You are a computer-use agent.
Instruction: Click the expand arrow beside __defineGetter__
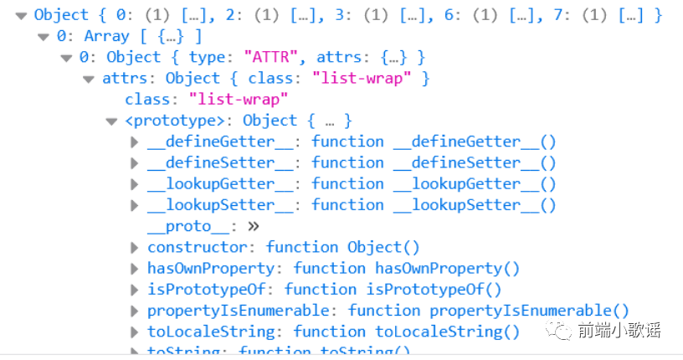[x=134, y=142]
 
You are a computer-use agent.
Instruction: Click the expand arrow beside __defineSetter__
[x=134, y=163]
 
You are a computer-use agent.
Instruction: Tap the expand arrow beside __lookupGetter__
[x=134, y=184]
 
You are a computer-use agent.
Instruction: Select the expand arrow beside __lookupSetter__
[x=134, y=205]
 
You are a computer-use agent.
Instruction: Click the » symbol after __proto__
[x=254, y=226]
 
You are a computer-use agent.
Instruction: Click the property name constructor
[x=198, y=247]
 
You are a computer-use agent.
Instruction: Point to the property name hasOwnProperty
[x=210, y=268]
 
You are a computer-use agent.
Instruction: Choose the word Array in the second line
[x=106, y=37]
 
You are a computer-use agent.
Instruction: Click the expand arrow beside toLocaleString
[x=134, y=332]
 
